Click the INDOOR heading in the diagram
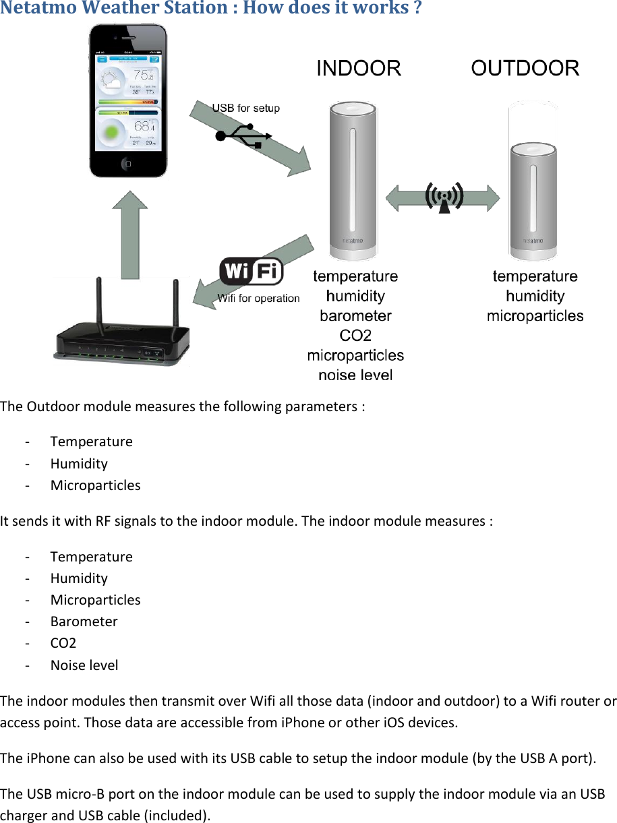pyautogui.click(x=359, y=69)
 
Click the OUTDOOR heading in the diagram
pyautogui.click(x=525, y=69)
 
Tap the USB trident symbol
pyautogui.click(x=243, y=135)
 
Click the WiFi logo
pyautogui.click(x=252, y=272)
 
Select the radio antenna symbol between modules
pyautogui.click(x=443, y=197)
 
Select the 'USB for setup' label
pyautogui.click(x=246, y=108)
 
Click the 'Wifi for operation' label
pyautogui.click(x=258, y=299)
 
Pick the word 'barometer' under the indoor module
pyautogui.click(x=355, y=315)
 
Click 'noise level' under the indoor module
pyautogui.click(x=355, y=375)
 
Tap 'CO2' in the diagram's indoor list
pyautogui.click(x=355, y=335)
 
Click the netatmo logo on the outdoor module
pyautogui.click(x=533, y=240)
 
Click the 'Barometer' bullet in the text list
pyautogui.click(x=84, y=621)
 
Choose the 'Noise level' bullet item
pyautogui.click(x=84, y=665)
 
